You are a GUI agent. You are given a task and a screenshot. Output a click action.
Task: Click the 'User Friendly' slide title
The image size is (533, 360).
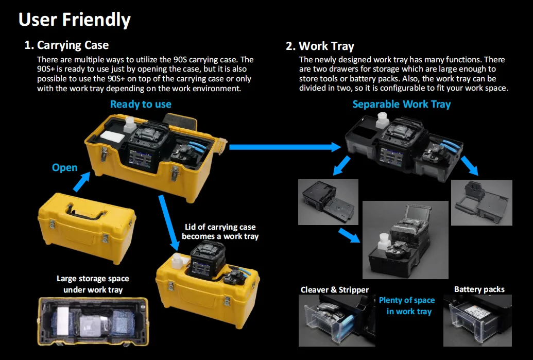point(75,20)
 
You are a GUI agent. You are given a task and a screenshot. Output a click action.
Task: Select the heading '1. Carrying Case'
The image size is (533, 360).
point(66,45)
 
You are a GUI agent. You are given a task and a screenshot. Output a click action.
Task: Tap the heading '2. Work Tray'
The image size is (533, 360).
point(320,46)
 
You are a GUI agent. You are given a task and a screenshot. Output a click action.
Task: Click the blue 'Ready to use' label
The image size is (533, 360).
point(141,104)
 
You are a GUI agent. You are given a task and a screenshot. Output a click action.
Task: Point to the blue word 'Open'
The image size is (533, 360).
point(65,167)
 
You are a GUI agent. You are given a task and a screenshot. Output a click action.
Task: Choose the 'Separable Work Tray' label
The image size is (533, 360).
point(401,104)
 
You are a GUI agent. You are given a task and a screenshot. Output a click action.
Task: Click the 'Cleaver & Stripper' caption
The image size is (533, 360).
point(335,289)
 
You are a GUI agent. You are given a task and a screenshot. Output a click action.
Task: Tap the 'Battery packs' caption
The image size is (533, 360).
point(479,289)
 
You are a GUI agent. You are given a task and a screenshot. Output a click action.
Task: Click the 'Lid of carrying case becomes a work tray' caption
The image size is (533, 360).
point(220,231)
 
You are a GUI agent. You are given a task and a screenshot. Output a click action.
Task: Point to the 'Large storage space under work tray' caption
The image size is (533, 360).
point(93,284)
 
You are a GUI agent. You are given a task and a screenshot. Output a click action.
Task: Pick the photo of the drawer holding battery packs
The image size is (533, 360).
point(481,320)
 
